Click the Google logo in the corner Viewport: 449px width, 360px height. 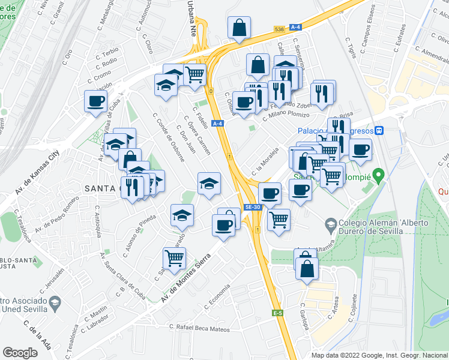(20, 353)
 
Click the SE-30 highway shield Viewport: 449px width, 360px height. (252, 207)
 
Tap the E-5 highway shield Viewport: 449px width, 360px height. (277, 313)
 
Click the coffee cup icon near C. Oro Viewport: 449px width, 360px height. (95, 101)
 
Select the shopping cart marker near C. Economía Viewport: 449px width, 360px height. (174, 258)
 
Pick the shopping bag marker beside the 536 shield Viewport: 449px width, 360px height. (240, 27)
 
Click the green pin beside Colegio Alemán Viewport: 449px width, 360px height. (378, 176)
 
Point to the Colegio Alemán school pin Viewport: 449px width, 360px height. (330, 226)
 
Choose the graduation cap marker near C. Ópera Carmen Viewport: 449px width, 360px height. (209, 184)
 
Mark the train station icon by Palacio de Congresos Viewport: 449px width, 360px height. (379, 130)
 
